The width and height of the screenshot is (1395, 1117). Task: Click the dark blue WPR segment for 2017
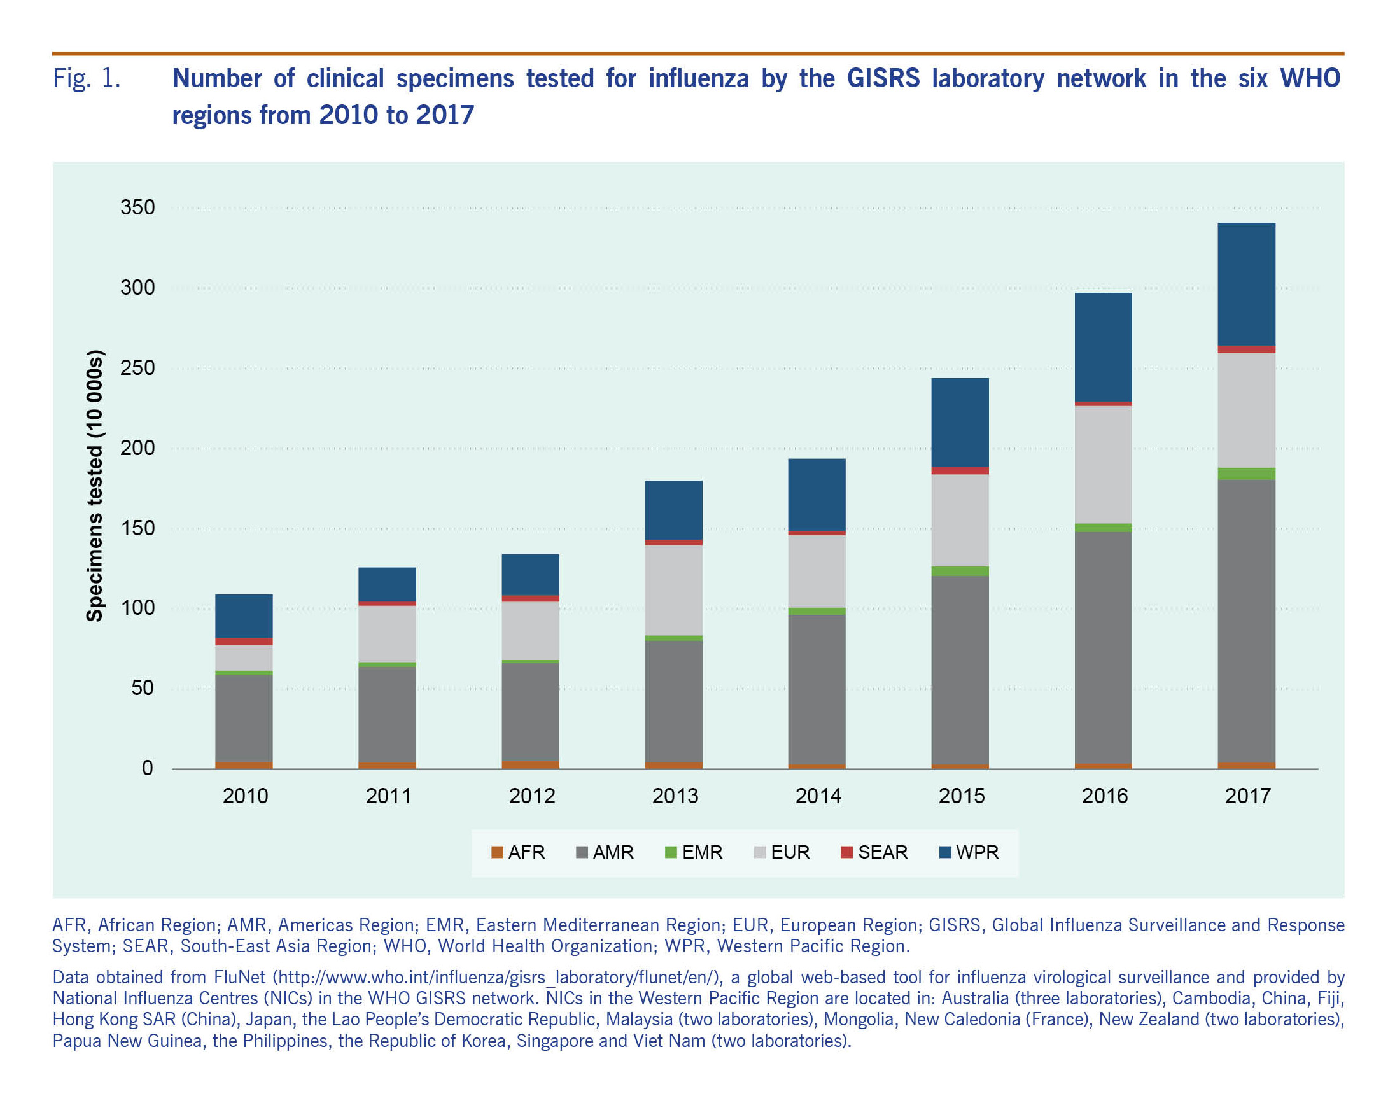coord(1246,284)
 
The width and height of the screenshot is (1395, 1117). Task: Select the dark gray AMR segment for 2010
coord(244,719)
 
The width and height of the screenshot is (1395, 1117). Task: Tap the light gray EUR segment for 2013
coord(673,590)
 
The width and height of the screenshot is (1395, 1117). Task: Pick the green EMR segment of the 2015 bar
coord(960,572)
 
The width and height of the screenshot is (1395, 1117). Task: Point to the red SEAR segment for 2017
coord(1246,349)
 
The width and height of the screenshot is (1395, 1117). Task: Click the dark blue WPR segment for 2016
coord(1103,347)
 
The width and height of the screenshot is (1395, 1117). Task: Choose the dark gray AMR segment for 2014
coord(817,689)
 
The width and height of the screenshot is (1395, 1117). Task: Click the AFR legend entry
coord(518,852)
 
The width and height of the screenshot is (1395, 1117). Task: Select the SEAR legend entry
coord(874,852)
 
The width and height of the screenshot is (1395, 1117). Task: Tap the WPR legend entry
coord(969,852)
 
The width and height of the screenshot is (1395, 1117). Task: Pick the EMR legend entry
coord(694,852)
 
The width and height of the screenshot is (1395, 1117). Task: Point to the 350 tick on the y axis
coord(138,207)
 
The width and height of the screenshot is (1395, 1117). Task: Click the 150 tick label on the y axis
coord(138,528)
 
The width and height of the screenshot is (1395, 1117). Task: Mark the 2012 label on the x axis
coord(532,796)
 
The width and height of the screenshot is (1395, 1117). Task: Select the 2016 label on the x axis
coord(1105,796)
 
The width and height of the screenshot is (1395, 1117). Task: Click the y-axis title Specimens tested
coord(95,486)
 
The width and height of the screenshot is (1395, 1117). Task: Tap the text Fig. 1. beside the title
coord(87,79)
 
